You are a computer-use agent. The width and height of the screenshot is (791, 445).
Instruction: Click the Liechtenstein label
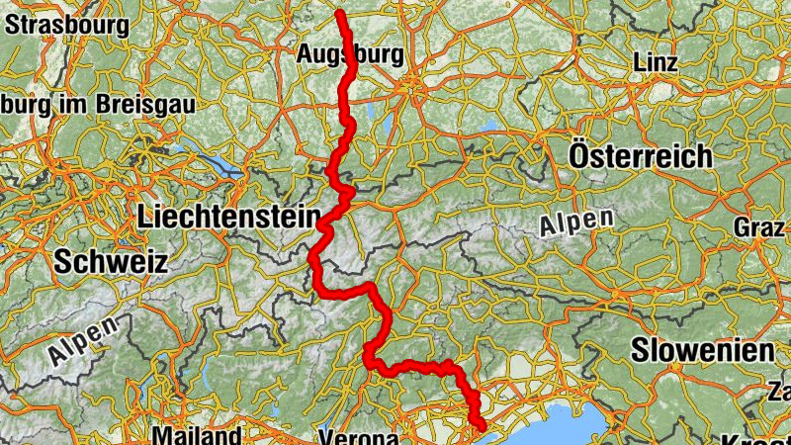[x=231, y=216]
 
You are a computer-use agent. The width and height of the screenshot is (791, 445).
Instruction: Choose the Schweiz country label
[x=111, y=262]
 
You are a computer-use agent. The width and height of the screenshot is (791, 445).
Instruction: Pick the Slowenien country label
[x=702, y=350]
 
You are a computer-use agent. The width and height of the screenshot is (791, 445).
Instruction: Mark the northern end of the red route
[x=339, y=13]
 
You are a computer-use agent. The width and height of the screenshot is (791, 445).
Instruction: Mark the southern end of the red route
[x=483, y=426]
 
